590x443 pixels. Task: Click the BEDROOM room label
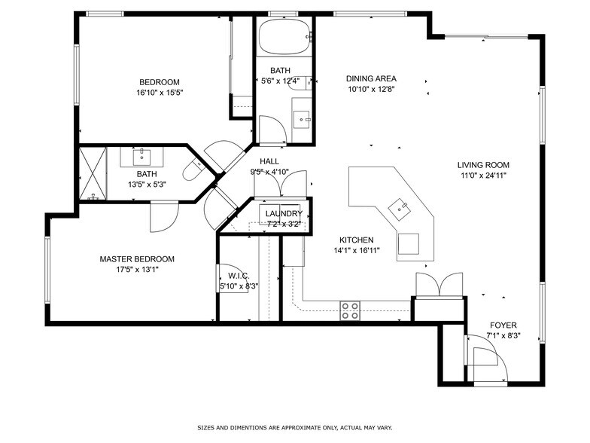click(160, 82)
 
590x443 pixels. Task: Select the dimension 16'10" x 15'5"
click(160, 93)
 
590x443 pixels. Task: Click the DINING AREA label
click(371, 78)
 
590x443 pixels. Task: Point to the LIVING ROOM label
click(483, 165)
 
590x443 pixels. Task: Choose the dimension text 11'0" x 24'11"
click(483, 176)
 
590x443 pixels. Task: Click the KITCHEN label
click(356, 240)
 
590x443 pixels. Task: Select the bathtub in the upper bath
click(284, 35)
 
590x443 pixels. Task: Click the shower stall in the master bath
click(93, 173)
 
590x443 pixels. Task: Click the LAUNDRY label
click(284, 214)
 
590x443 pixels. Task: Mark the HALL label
click(270, 162)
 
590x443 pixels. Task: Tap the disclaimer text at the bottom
click(294, 426)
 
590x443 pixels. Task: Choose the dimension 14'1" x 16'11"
click(356, 250)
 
